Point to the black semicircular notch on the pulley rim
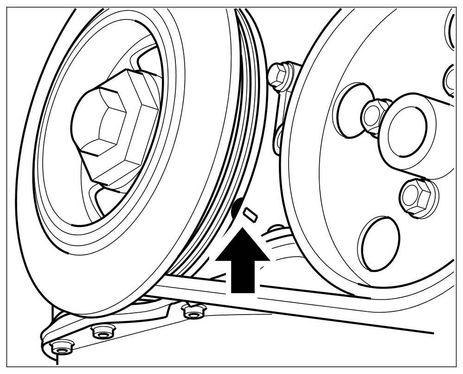click(237, 207)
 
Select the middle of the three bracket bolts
click(100, 332)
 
